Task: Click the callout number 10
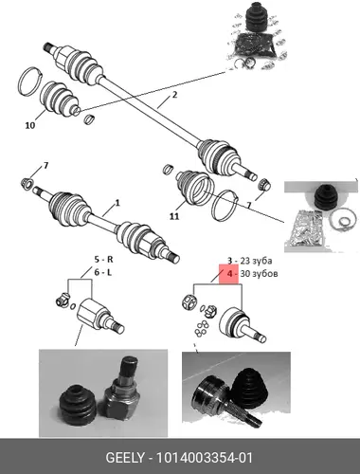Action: pos(30,125)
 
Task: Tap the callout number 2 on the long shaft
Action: pos(174,94)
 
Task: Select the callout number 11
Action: pos(174,216)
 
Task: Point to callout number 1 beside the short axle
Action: pos(117,202)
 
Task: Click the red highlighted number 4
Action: pos(230,274)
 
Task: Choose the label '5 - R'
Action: pos(104,260)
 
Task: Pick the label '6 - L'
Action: pos(103,272)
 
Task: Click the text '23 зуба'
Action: pos(256,261)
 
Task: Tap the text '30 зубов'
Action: pos(259,274)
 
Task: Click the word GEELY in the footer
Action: pos(125,458)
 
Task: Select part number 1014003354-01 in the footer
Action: pos(205,458)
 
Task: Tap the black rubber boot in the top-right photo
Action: pos(255,18)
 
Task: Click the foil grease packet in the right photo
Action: pos(305,228)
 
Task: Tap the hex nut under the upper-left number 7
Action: pos(27,184)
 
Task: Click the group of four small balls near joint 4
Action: pos(202,328)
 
